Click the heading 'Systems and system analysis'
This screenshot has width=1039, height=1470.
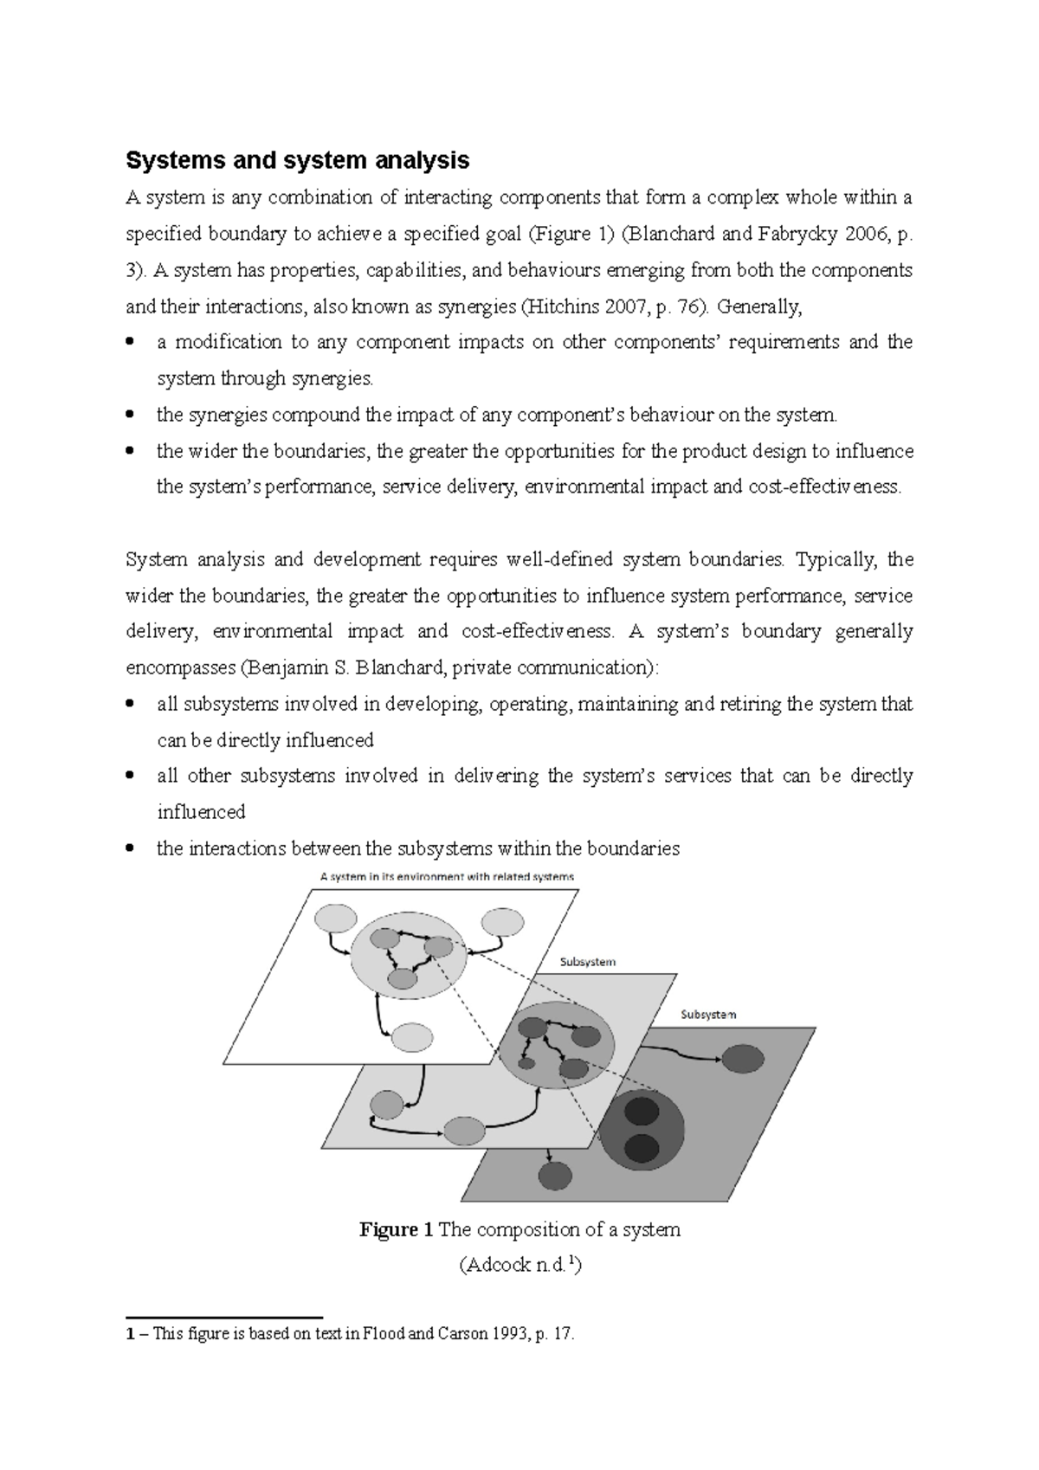tap(298, 160)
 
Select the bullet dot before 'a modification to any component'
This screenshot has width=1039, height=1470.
tap(130, 343)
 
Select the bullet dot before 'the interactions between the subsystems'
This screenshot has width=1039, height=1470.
tap(130, 849)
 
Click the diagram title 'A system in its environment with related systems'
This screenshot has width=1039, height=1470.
tap(447, 876)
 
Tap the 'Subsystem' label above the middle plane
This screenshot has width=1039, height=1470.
tap(588, 962)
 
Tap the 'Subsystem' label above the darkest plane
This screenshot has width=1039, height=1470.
tap(708, 1015)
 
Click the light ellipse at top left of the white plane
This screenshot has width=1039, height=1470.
tap(335, 919)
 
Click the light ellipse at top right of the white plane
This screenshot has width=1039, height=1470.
tap(502, 921)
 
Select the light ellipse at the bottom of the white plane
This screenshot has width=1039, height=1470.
tap(412, 1036)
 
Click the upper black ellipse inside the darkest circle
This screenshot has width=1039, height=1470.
tap(642, 1111)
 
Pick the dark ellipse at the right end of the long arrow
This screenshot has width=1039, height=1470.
tap(742, 1059)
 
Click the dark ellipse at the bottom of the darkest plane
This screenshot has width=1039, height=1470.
tap(555, 1176)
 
